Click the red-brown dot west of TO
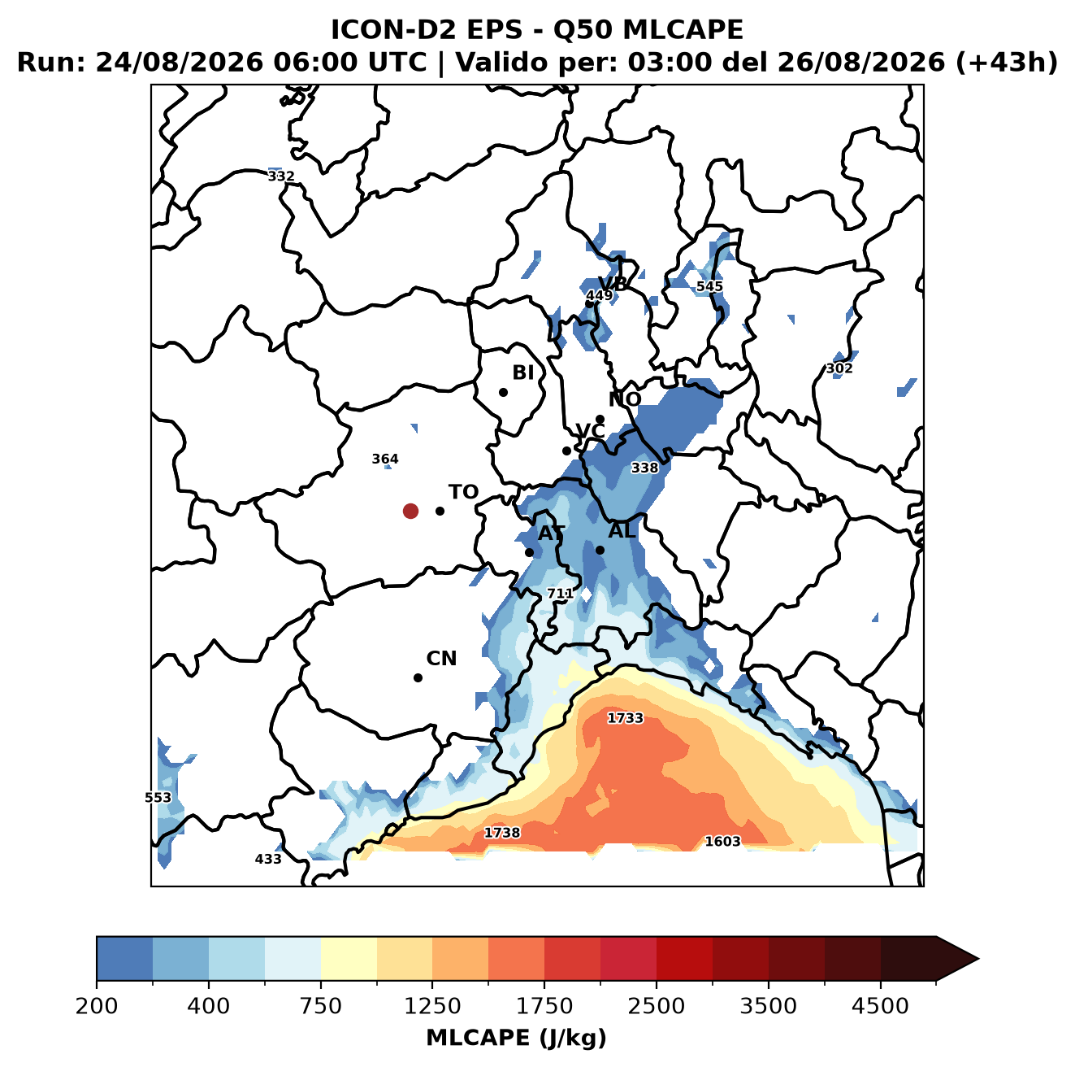410,511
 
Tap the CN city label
441,658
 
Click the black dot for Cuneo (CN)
418,677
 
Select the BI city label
522,372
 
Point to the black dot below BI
503,392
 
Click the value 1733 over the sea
625,718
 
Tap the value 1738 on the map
501,833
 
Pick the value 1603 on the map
722,841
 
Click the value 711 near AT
560,594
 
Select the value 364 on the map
385,459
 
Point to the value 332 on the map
280,176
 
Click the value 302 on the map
839,368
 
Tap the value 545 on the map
709,286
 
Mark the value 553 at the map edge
158,797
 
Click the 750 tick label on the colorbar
320,1006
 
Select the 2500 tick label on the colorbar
656,1006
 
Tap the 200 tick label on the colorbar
97,1006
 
